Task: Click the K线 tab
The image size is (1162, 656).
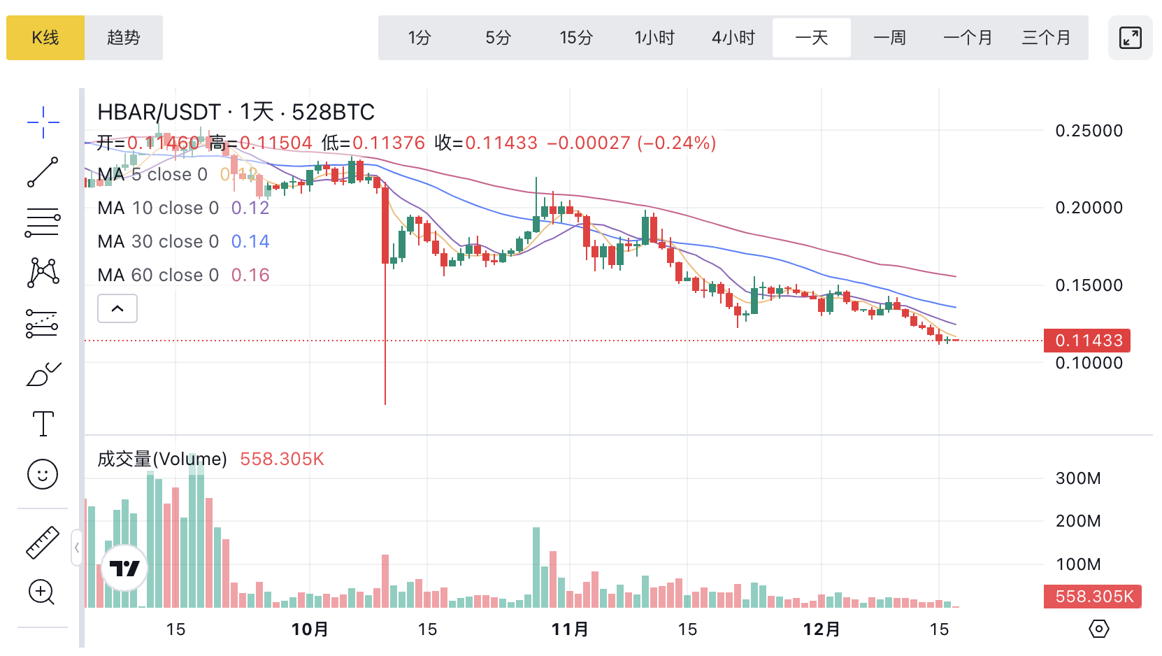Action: pyautogui.click(x=45, y=38)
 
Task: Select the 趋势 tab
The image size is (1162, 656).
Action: pyautogui.click(x=124, y=38)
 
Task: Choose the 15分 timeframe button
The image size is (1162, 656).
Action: pyautogui.click(x=576, y=38)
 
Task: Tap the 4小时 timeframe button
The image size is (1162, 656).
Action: pyautogui.click(x=733, y=38)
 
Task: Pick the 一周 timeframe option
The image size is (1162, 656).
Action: pyautogui.click(x=890, y=38)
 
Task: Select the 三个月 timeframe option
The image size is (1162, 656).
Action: pyautogui.click(x=1046, y=38)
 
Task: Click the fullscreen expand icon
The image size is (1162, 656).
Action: pyautogui.click(x=1130, y=38)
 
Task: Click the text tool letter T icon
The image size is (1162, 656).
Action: pyautogui.click(x=43, y=424)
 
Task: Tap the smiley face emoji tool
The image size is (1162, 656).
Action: pyautogui.click(x=43, y=475)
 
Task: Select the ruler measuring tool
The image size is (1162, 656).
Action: pyautogui.click(x=43, y=543)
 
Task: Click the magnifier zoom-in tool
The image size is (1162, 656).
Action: pyautogui.click(x=42, y=592)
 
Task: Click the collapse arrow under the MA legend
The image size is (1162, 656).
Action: pyautogui.click(x=117, y=308)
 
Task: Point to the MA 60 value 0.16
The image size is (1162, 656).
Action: pyautogui.click(x=250, y=275)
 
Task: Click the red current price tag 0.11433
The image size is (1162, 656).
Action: pyautogui.click(x=1088, y=341)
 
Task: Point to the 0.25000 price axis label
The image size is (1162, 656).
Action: pyautogui.click(x=1089, y=131)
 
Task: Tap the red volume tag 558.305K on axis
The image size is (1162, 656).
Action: pyautogui.click(x=1093, y=597)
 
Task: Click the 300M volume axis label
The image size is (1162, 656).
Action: pyautogui.click(x=1078, y=478)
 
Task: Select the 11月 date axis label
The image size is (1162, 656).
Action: pyautogui.click(x=570, y=629)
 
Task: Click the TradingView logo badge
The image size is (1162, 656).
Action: pyautogui.click(x=124, y=568)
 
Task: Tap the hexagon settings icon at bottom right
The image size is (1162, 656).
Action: pyautogui.click(x=1099, y=629)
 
